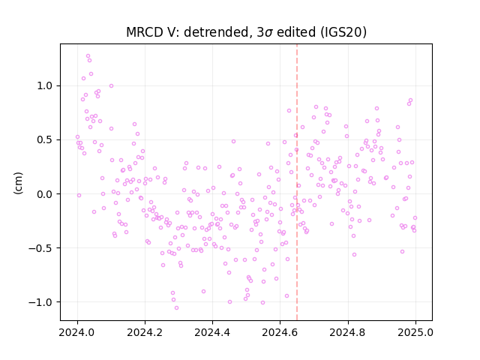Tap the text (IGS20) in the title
[x=343, y=32]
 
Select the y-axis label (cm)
[x=18, y=183]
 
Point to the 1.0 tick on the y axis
[x=44, y=85]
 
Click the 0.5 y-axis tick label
[x=44, y=140]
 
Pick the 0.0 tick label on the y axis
[x=44, y=194]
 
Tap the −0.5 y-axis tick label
[x=40, y=248]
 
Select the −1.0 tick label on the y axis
[x=40, y=302]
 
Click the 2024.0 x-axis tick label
[x=77, y=332]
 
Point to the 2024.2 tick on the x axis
[x=145, y=332]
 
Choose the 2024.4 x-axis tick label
[x=212, y=332]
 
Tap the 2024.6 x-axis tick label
[x=280, y=332]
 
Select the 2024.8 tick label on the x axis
[x=348, y=332]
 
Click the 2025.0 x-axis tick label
[x=415, y=332]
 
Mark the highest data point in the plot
[x=88, y=56]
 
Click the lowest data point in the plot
[x=177, y=307]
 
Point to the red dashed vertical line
[x=297, y=182]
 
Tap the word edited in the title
[x=295, y=32]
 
